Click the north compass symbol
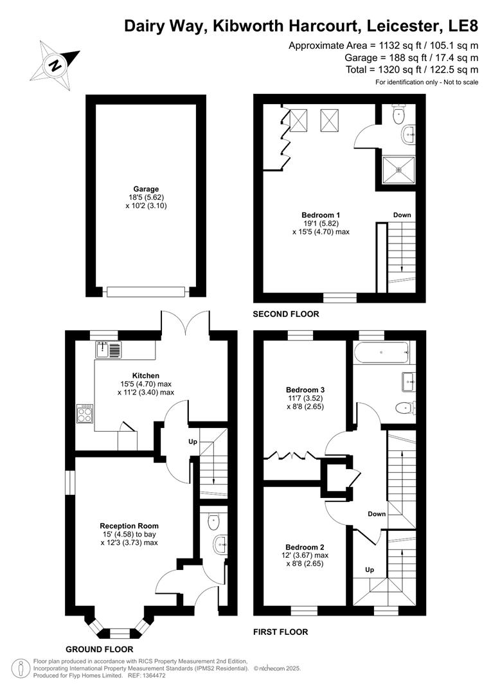[57, 64]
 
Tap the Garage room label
[146, 189]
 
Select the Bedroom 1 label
[321, 215]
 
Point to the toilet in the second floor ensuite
[399, 115]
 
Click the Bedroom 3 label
[305, 389]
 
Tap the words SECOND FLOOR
[286, 314]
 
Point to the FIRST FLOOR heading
[281, 632]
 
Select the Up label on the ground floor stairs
[192, 442]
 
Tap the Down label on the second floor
[402, 215]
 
